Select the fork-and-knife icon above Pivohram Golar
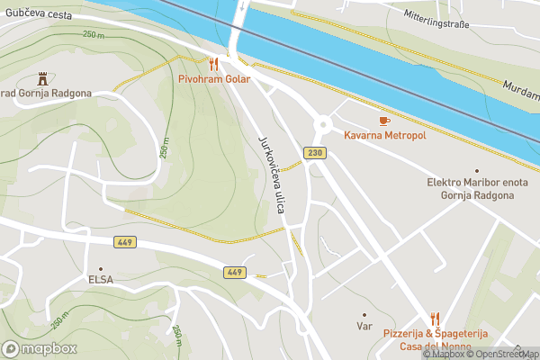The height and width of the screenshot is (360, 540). pos(213,64)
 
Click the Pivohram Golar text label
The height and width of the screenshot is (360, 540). pos(213,79)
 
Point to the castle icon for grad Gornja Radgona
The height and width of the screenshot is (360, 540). pos(41,79)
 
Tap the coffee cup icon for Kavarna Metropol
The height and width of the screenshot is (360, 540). pos(384,120)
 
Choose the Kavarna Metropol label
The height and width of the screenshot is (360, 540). pos(384,136)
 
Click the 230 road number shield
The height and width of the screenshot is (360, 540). pos(314,153)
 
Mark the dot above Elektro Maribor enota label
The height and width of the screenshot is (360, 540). pos(476,170)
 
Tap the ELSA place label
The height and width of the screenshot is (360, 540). pos(101,280)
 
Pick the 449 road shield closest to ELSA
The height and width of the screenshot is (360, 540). pos(125,243)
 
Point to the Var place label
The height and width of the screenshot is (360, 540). pos(364,326)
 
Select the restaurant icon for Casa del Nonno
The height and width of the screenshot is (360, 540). pos(436,318)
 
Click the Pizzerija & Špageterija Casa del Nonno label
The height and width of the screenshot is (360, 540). pos(436,339)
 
